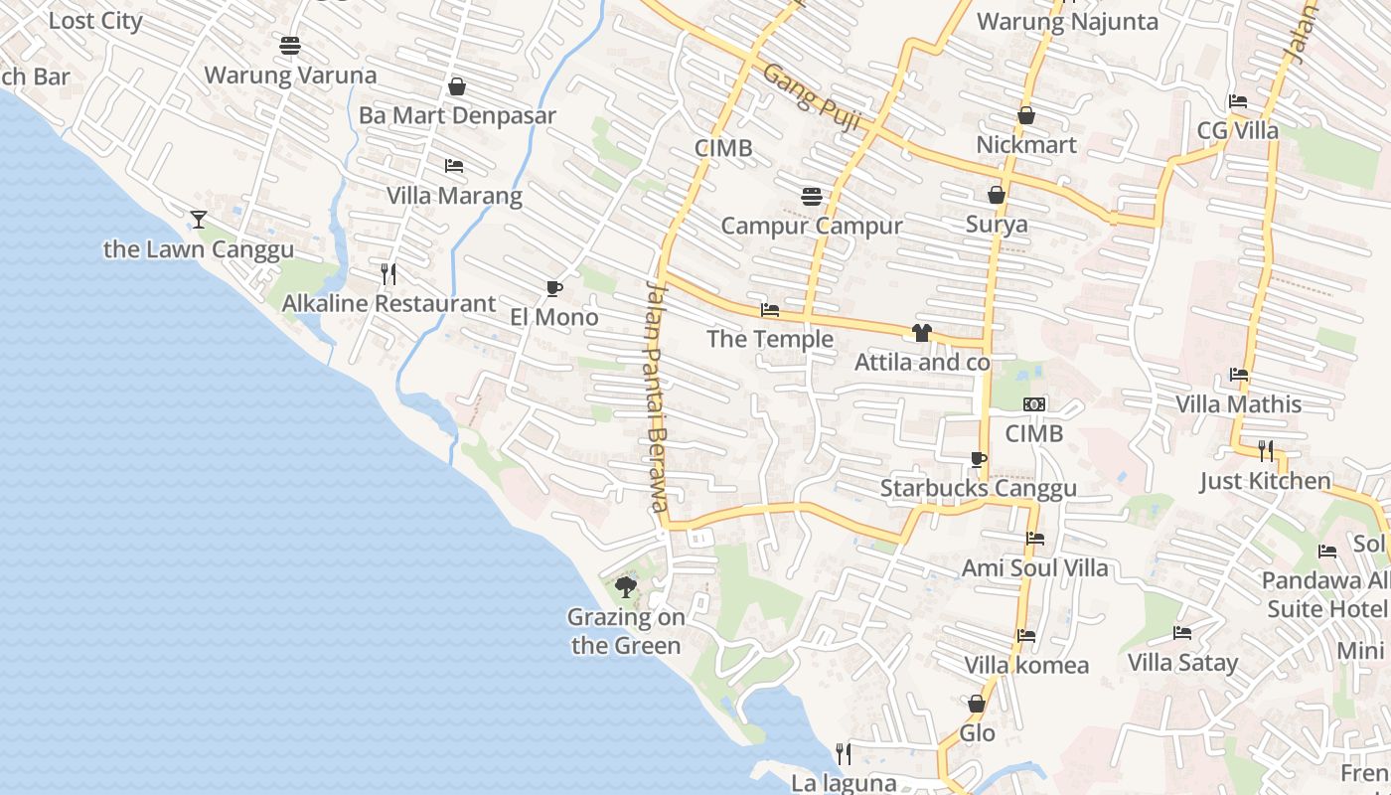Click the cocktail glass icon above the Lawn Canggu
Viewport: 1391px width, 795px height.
[x=199, y=220]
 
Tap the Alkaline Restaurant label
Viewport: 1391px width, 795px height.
[x=388, y=303]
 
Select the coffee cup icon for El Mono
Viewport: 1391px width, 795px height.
[x=554, y=289]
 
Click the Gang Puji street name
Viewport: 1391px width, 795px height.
[x=812, y=98]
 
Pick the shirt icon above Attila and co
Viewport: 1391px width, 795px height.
[x=922, y=333]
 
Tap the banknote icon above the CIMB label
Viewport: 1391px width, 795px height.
[x=1034, y=404]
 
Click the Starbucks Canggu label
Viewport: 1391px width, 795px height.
[x=978, y=488]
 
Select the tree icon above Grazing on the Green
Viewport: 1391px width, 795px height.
[x=626, y=587]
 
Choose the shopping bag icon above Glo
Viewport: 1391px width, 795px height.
[x=977, y=704]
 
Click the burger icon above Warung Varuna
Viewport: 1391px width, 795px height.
[x=290, y=46]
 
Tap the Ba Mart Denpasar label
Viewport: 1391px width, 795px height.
[x=457, y=115]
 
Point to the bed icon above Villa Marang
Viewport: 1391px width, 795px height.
[x=454, y=166]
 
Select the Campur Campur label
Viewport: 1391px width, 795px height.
[x=812, y=226]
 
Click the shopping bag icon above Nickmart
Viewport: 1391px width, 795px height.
[x=1026, y=116]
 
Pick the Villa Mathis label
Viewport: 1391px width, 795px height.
[x=1238, y=404]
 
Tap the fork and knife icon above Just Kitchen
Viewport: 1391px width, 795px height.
[x=1265, y=451]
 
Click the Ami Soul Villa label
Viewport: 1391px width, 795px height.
[x=1034, y=568]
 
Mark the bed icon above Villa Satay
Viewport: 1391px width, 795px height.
[x=1182, y=632]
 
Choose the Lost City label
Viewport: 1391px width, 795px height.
[x=95, y=21]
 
